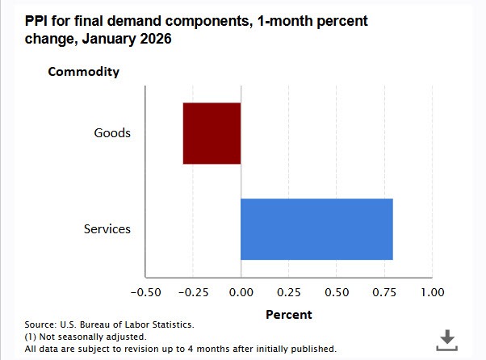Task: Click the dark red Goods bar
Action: (212, 133)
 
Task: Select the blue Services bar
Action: (316, 229)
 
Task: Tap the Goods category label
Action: (112, 133)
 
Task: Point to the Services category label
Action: (107, 229)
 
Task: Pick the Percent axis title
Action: (288, 314)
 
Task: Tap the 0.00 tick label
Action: (241, 291)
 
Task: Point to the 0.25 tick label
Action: (288, 291)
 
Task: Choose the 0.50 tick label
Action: (336, 291)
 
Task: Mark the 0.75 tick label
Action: (383, 291)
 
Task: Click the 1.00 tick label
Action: (432, 291)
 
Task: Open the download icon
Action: (446, 340)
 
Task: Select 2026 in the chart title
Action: (155, 38)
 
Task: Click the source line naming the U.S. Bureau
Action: (109, 324)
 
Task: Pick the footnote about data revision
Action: (180, 349)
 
